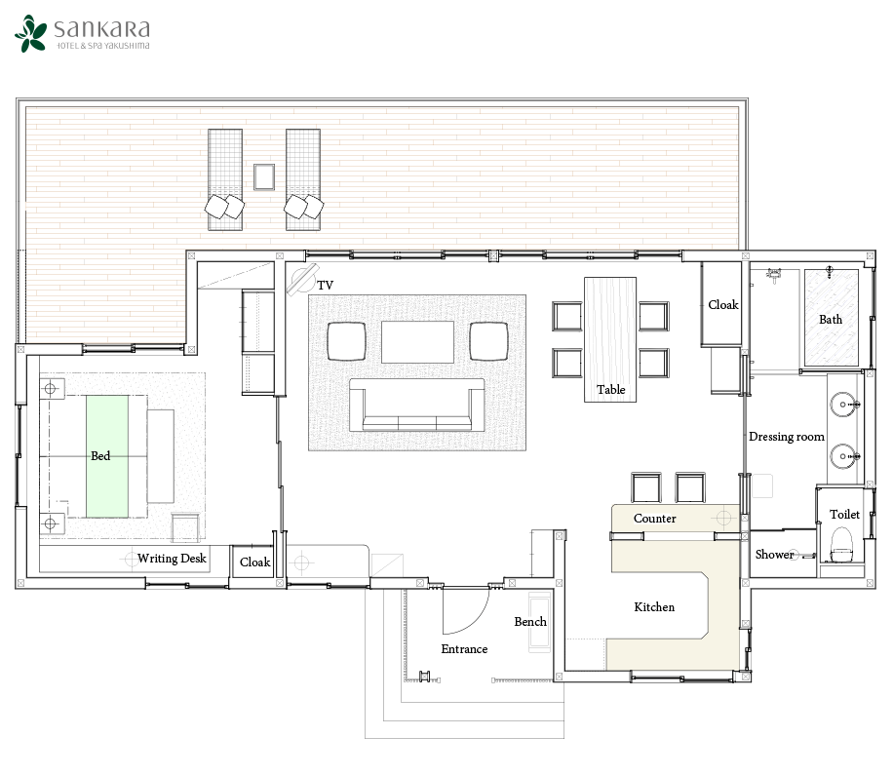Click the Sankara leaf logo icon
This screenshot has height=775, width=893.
coord(31,33)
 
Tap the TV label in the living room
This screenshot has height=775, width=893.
coord(326,286)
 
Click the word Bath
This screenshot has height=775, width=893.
coord(831,320)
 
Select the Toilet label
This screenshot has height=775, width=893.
coord(844,514)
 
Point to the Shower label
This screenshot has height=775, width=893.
coord(774,554)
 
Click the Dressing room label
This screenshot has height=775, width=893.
coord(787,437)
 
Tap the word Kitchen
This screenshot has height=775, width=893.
coord(654,607)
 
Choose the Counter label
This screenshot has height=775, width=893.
coord(655,519)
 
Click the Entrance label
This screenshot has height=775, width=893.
coord(464,649)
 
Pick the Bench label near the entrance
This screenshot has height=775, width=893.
coord(530,621)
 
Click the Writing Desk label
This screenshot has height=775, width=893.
coord(172,558)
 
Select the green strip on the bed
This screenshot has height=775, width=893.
coord(107,456)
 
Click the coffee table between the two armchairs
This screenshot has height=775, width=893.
coord(417,341)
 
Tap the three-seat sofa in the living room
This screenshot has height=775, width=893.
coord(417,406)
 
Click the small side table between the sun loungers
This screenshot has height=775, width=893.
coord(264,176)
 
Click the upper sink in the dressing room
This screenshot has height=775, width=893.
coord(843,405)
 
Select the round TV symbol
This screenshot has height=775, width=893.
coord(301,279)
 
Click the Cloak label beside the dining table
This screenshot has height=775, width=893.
coord(723,305)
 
